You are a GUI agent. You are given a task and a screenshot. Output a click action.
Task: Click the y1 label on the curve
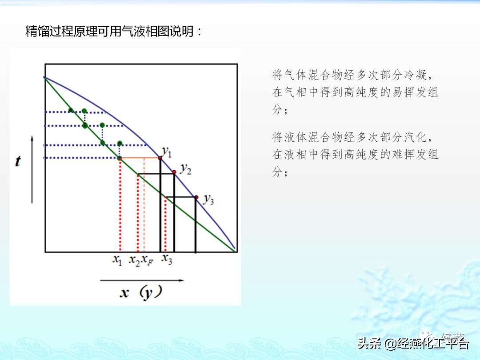click(x=167, y=152)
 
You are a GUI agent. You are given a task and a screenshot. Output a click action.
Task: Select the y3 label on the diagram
click(x=208, y=199)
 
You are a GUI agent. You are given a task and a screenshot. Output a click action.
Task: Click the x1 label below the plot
click(x=117, y=260)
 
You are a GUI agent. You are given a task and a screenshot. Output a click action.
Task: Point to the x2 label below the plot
click(x=134, y=260)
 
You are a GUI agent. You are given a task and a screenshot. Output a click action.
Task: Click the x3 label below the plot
click(x=167, y=259)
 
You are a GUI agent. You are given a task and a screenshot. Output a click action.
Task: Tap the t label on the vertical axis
click(x=18, y=161)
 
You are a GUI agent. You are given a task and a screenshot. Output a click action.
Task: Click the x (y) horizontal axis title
click(x=141, y=293)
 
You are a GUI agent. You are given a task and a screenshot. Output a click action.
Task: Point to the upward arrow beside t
click(x=32, y=169)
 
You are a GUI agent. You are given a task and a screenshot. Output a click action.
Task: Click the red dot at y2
click(x=174, y=172)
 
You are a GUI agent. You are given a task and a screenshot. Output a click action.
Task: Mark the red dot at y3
click(x=196, y=197)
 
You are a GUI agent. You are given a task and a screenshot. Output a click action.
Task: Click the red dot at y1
click(x=160, y=158)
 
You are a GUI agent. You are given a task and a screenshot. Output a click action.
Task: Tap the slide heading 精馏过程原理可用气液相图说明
click(x=114, y=32)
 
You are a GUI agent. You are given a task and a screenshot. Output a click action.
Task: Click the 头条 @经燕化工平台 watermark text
click(x=413, y=344)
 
